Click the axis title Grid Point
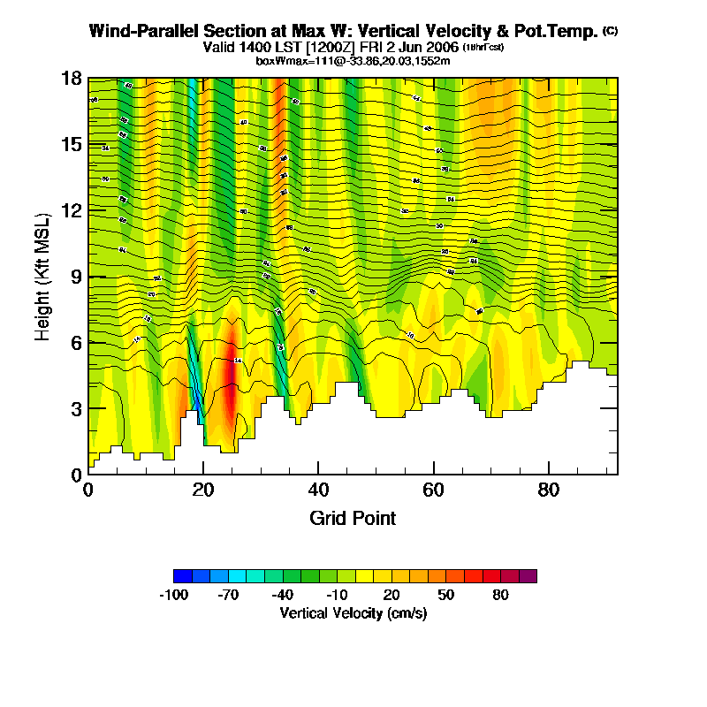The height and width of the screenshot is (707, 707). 353,518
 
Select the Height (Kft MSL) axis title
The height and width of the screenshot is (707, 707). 42,276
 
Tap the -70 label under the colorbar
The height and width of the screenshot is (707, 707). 228,595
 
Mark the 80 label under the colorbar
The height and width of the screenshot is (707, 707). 500,595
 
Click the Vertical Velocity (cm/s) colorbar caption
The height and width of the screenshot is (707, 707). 353,612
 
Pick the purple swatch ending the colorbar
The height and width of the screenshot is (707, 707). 528,576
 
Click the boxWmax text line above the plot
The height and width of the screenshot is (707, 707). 353,61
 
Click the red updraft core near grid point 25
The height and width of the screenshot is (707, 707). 230,389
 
